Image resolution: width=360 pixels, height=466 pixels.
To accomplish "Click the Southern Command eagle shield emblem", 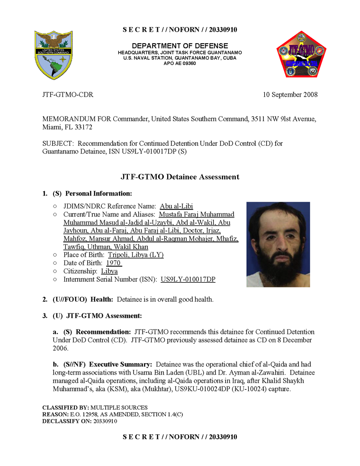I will (x=53, y=55).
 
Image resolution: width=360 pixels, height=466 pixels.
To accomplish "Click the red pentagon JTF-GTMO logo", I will (x=301, y=55).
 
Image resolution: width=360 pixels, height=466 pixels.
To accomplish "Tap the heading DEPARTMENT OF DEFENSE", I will (x=180, y=46).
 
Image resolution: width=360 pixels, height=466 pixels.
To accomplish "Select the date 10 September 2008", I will (x=290, y=95).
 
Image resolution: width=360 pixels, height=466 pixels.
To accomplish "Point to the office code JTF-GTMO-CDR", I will (x=68, y=95).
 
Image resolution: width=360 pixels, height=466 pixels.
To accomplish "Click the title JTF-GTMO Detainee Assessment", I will (x=180, y=177).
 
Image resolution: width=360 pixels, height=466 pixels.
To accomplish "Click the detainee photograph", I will (x=278, y=244).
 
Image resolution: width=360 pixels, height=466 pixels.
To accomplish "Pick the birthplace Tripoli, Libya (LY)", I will (x=135, y=255).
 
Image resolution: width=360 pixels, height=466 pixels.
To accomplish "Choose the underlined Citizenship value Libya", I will (x=109, y=271).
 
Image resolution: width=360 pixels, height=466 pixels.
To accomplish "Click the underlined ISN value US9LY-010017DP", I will (x=188, y=279).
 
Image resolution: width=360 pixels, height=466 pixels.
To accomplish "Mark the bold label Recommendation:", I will (x=103, y=332).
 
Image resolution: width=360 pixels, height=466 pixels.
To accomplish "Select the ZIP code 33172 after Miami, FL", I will (x=83, y=127).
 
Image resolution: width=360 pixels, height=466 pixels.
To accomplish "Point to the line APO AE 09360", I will (x=180, y=63).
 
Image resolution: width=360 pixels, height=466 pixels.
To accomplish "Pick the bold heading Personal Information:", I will (x=99, y=193).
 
